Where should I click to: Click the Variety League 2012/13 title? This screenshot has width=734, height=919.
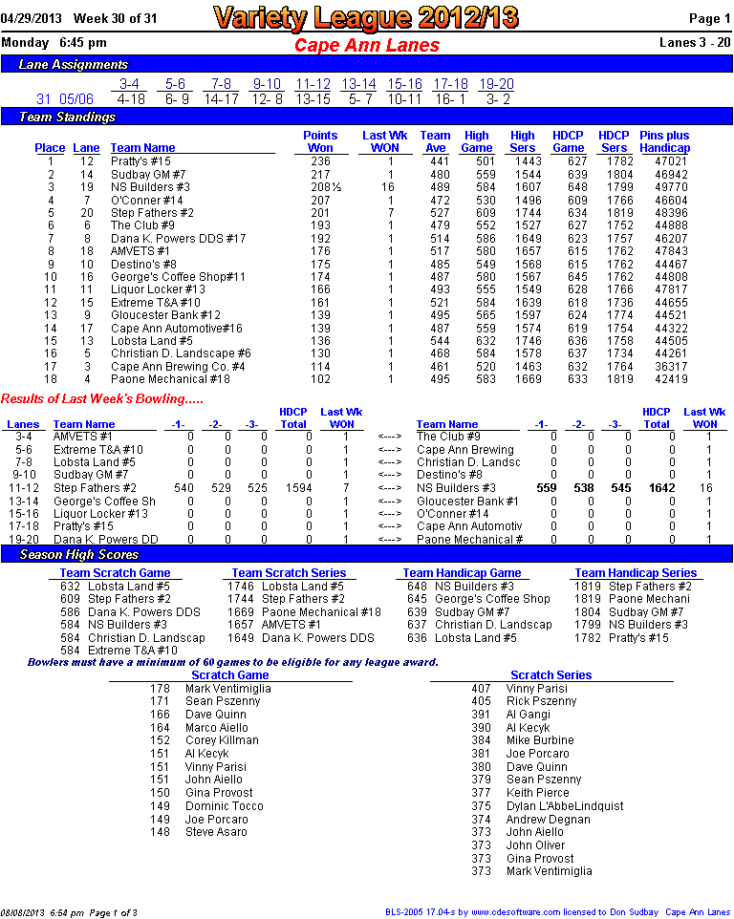[367, 17]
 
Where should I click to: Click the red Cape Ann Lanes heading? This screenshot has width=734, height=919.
[367, 45]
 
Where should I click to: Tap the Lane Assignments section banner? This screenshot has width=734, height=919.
[74, 65]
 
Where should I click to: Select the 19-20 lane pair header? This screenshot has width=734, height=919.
[496, 84]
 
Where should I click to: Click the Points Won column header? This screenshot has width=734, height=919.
[320, 141]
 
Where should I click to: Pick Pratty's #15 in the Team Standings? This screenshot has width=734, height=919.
[140, 161]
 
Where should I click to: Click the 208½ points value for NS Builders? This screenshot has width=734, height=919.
[320, 187]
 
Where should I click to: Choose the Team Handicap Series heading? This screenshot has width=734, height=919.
[636, 573]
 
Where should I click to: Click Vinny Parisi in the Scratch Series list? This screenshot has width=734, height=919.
[536, 689]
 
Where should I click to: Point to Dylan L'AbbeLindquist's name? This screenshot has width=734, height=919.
[564, 806]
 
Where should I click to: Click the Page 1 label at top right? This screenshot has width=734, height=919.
[710, 18]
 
